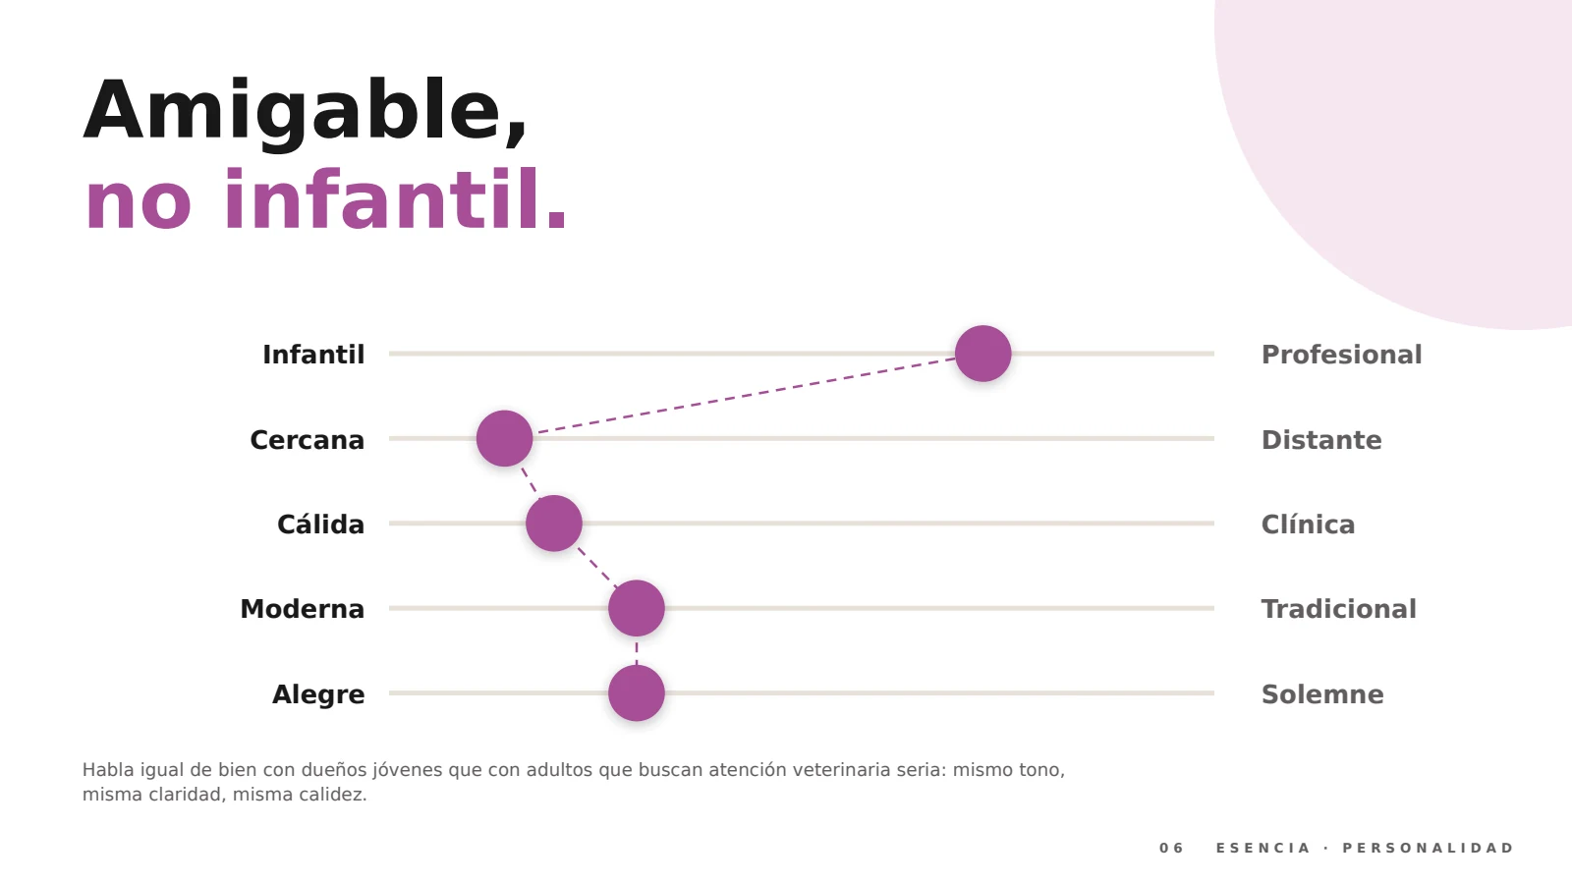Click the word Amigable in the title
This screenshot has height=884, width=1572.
(x=305, y=112)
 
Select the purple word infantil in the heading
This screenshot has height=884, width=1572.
(x=395, y=200)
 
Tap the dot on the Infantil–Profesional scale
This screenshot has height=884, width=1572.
(x=982, y=354)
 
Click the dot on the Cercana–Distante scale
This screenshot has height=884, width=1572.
(x=504, y=438)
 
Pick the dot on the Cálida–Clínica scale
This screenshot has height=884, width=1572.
(x=554, y=524)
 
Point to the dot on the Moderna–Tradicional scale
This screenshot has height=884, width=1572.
(x=636, y=608)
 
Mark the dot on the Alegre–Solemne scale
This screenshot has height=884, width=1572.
(x=636, y=693)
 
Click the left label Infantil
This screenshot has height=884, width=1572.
(x=313, y=355)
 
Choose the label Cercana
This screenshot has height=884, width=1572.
(x=307, y=440)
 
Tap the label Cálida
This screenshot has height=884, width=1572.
(x=320, y=525)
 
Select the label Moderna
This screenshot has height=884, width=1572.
(x=302, y=609)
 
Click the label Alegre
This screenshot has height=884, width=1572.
(x=318, y=694)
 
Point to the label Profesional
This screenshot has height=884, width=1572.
(x=1341, y=355)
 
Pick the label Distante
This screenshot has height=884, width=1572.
(x=1320, y=440)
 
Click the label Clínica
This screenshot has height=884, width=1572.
(x=1308, y=525)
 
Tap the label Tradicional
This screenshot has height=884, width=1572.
(x=1338, y=609)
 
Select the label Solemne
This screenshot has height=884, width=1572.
(x=1322, y=694)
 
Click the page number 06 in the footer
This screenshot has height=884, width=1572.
(x=1171, y=848)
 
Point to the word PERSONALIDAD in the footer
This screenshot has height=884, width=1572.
(x=1429, y=848)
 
